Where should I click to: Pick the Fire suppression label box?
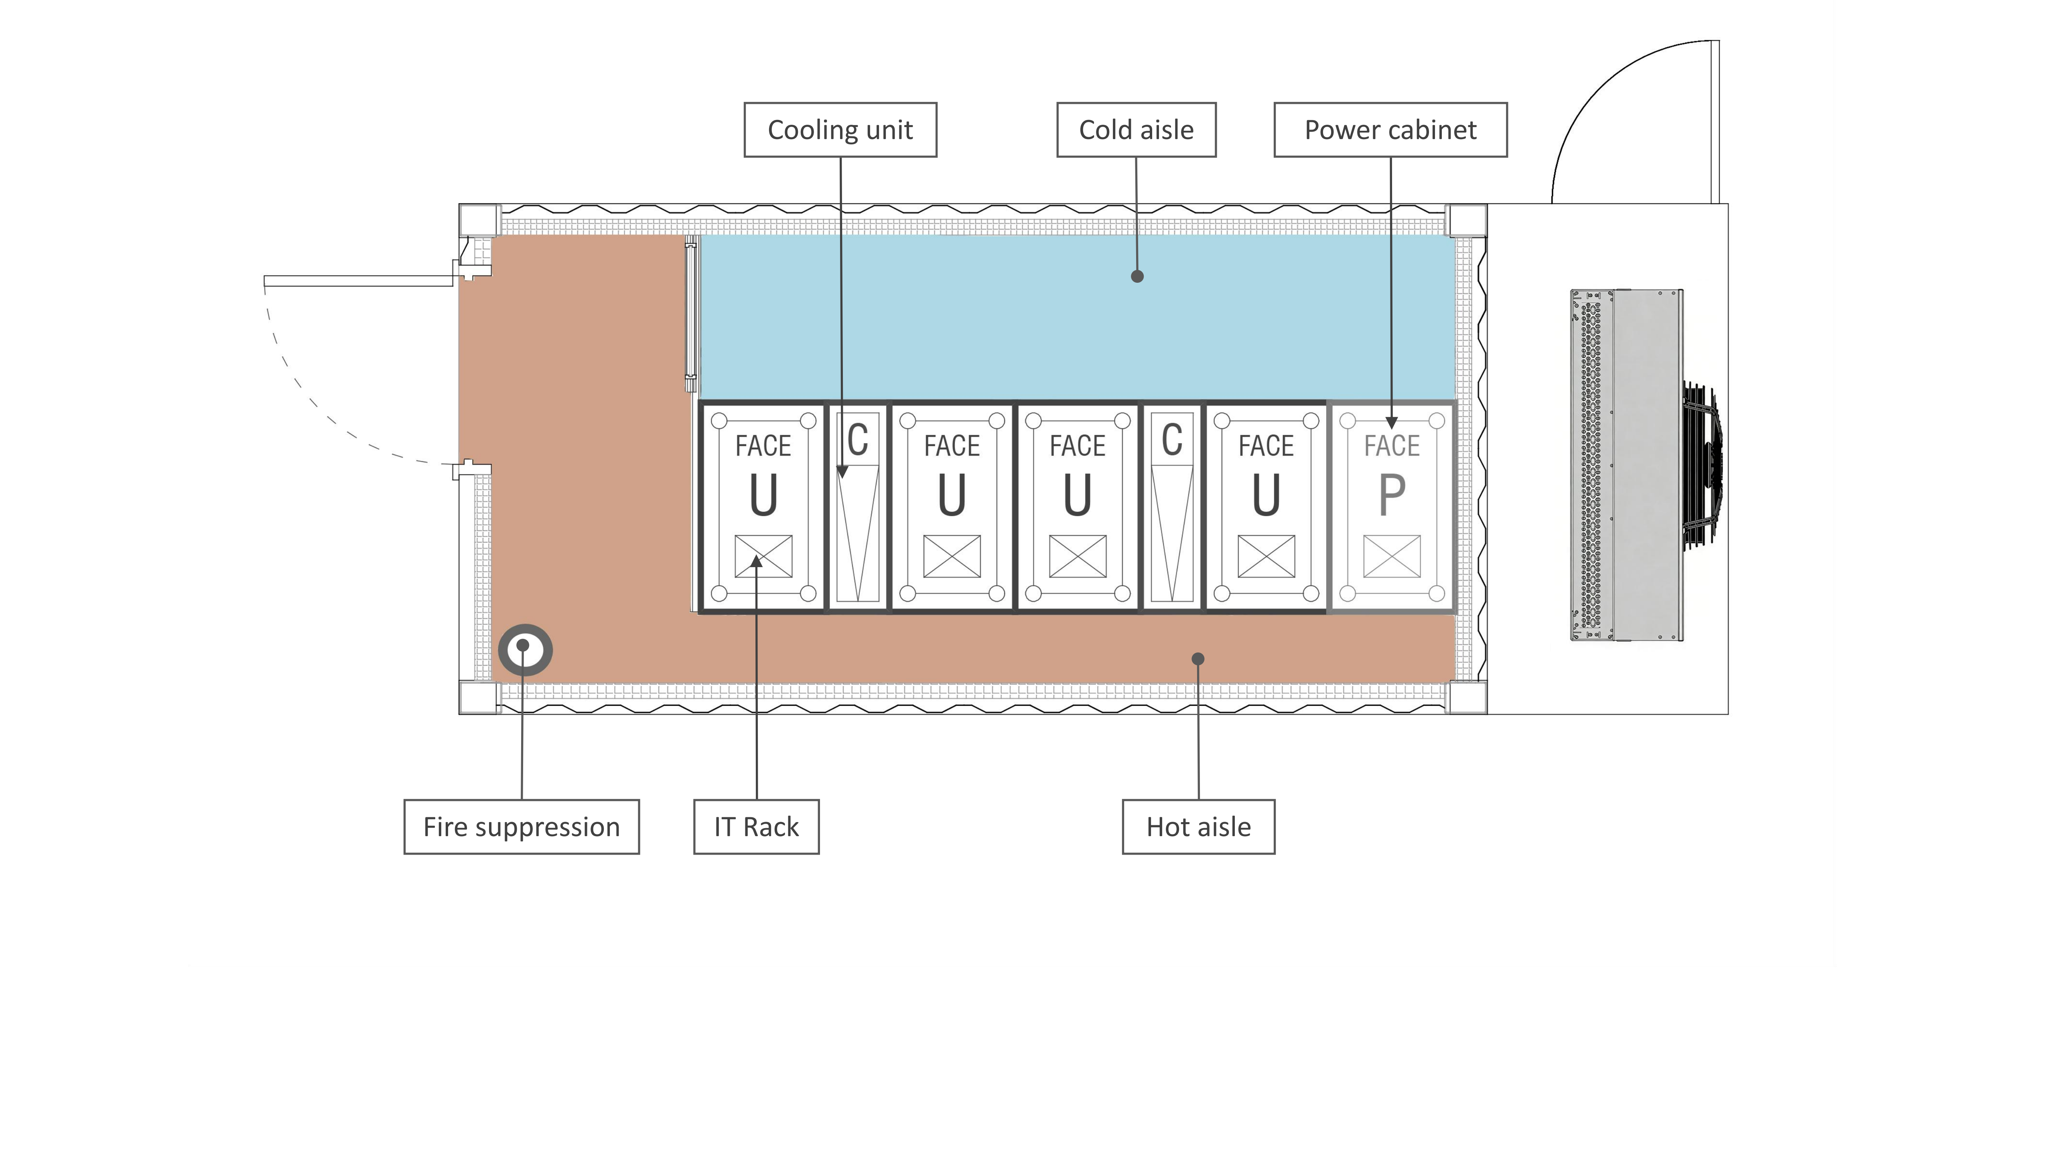522,827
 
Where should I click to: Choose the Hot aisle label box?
1198,827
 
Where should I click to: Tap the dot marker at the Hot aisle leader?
1197,659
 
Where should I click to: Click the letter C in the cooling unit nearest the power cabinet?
1172,440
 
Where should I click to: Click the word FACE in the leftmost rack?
763,446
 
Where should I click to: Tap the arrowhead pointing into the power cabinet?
1391,422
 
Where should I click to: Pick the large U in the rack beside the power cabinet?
1266,495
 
